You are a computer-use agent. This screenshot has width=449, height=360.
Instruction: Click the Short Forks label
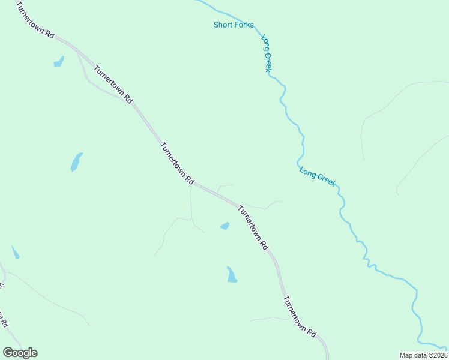234,25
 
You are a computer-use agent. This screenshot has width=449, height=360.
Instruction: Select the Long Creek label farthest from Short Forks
318,176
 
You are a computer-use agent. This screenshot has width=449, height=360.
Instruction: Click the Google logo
20,352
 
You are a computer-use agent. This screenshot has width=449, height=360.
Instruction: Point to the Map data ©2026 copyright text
424,355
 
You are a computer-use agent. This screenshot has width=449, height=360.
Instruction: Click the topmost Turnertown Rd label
35,20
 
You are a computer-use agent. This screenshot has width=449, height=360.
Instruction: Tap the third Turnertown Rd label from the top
178,163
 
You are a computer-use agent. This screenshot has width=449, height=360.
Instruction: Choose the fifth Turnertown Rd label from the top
299,316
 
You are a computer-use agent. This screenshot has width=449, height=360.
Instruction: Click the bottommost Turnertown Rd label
299,316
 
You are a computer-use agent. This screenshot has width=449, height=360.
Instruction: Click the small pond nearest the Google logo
16,253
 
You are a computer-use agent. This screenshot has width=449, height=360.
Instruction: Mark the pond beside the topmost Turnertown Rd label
59,62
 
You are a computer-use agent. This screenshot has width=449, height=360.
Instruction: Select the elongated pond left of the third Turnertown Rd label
76,161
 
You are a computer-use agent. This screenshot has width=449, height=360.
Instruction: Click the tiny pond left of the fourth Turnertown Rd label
224,226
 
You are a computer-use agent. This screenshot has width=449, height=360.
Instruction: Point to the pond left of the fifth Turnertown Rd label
231,275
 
